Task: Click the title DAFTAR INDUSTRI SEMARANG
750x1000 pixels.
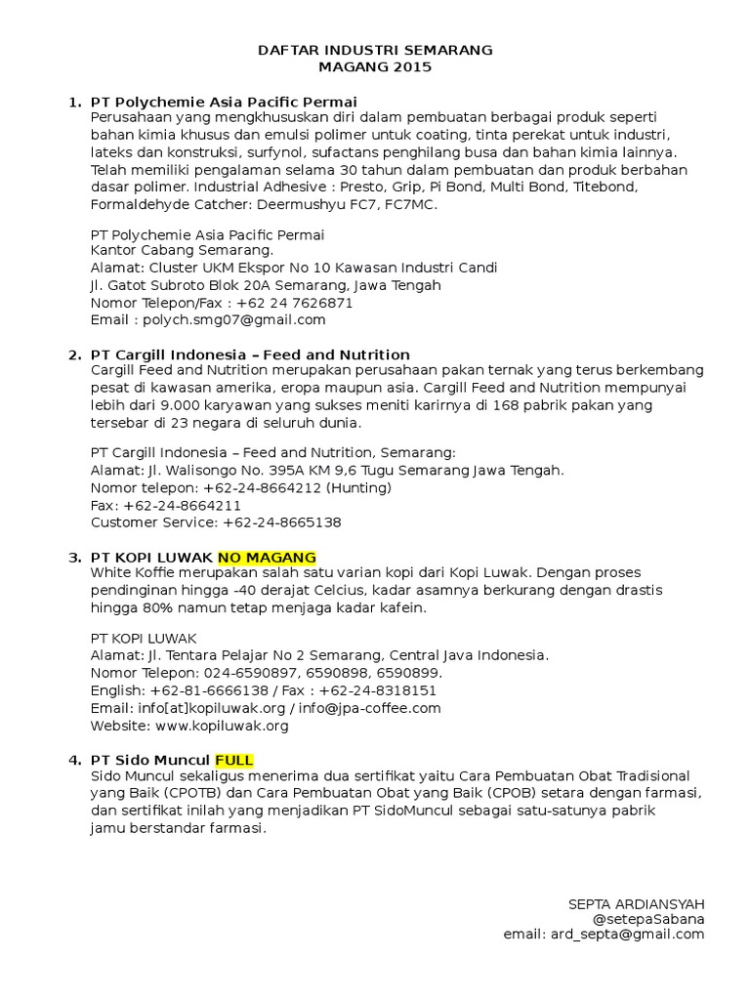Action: pyautogui.click(x=375, y=50)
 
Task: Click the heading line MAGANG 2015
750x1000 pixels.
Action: pyautogui.click(x=375, y=67)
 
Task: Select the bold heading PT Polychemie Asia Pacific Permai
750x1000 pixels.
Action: pyautogui.click(x=224, y=102)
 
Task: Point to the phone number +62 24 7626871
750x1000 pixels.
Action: pyautogui.click(x=294, y=303)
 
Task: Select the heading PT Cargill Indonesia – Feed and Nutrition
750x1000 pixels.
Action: pyautogui.click(x=250, y=354)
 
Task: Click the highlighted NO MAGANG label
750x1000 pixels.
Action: pyautogui.click(x=267, y=558)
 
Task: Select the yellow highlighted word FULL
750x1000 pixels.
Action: pyautogui.click(x=234, y=760)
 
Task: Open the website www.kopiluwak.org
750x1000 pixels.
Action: pyautogui.click(x=221, y=726)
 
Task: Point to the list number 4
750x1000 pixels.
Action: pyautogui.click(x=74, y=760)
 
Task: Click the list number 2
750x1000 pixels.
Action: pyautogui.click(x=74, y=354)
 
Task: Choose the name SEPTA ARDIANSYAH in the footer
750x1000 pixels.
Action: pyautogui.click(x=636, y=904)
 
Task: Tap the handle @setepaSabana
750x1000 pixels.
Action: pyautogui.click(x=648, y=919)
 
